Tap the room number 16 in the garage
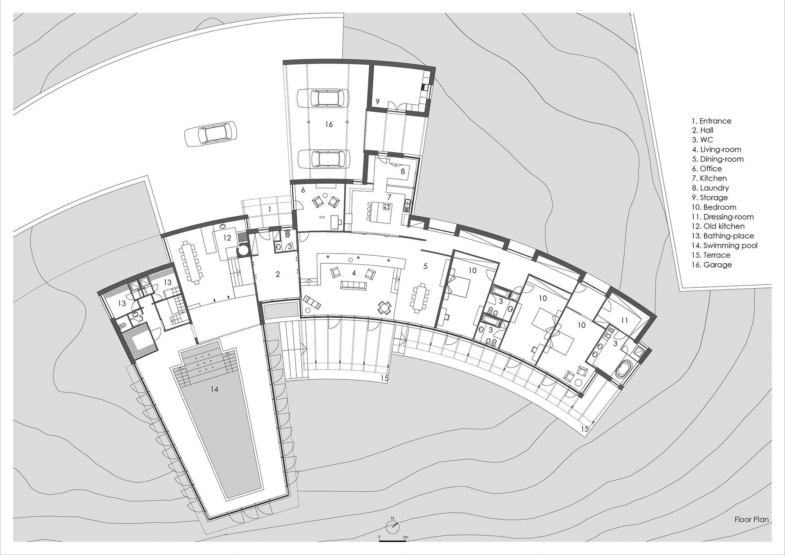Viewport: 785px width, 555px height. tap(329, 124)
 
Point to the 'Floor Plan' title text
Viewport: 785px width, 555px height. tap(751, 519)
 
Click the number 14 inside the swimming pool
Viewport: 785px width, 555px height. tap(214, 389)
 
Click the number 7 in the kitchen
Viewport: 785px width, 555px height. tap(389, 197)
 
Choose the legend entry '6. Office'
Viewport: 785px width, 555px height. tap(706, 169)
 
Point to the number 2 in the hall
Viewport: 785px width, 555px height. tap(278, 274)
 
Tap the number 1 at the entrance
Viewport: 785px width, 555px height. tap(269, 209)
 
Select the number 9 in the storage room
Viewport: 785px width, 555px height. tap(378, 101)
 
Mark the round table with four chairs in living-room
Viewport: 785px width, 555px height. tap(384, 308)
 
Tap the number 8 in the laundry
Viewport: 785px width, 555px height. tap(402, 171)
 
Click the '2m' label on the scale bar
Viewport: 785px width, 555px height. tap(405, 537)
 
